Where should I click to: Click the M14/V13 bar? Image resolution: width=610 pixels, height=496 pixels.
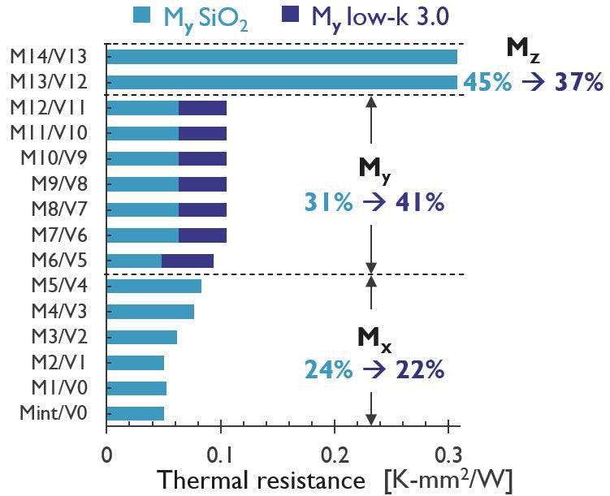tap(281, 57)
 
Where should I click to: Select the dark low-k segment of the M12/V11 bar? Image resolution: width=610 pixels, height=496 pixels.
tap(202, 108)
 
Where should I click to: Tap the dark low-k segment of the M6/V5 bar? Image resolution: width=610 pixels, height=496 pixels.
tap(188, 261)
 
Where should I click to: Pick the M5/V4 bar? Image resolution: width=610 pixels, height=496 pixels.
tap(154, 286)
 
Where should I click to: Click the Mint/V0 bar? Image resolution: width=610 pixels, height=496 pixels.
tap(135, 414)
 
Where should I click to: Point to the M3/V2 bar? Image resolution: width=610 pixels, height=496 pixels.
tap(141, 337)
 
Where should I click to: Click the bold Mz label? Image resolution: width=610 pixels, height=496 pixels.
tap(521, 49)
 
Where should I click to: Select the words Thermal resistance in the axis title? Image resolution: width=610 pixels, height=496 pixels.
tap(262, 480)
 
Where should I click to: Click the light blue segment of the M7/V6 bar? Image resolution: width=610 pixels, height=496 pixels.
tap(142, 235)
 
